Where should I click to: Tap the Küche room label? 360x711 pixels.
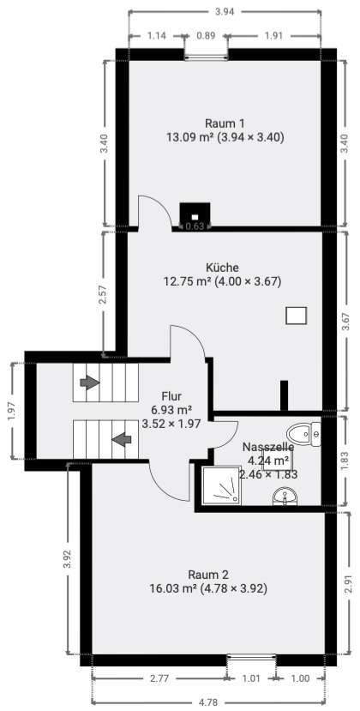pos(222,267)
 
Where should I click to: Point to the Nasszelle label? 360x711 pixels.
pos(268,447)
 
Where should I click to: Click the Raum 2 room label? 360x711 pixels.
pos(209,574)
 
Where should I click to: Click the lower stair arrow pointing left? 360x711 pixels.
pos(123,440)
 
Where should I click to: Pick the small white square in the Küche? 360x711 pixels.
pos(296,316)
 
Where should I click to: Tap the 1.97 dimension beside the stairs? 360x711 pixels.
pos(11,412)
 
